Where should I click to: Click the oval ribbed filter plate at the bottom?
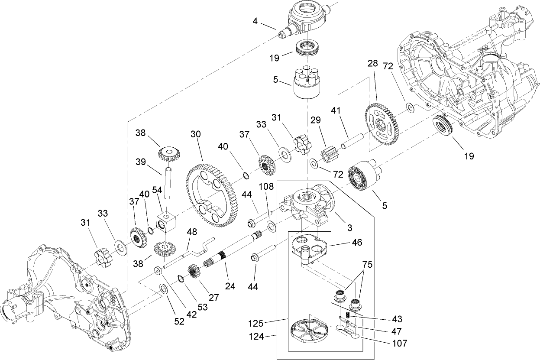coord(309,333)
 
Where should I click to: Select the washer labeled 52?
coord(165,288)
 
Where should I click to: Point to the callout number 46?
coord(357,242)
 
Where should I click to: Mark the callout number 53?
coord(191,307)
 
